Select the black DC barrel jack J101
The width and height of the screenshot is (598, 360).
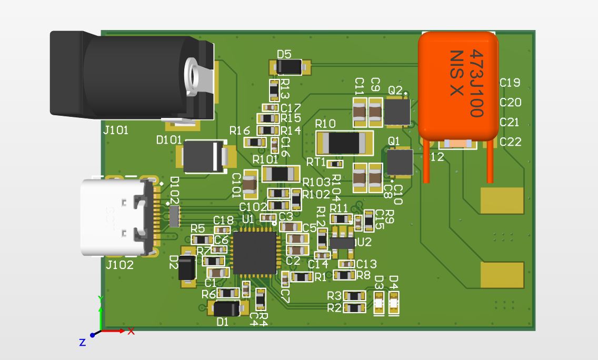pyautogui.click(x=132, y=76)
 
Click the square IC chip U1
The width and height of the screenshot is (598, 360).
pyautogui.click(x=255, y=253)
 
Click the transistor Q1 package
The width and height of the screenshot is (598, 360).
pyautogui.click(x=400, y=162)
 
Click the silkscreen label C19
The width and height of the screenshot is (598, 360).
pyautogui.click(x=510, y=83)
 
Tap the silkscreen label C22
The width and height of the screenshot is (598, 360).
pyautogui.click(x=510, y=142)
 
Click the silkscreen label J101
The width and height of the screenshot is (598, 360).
pyautogui.click(x=116, y=130)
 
